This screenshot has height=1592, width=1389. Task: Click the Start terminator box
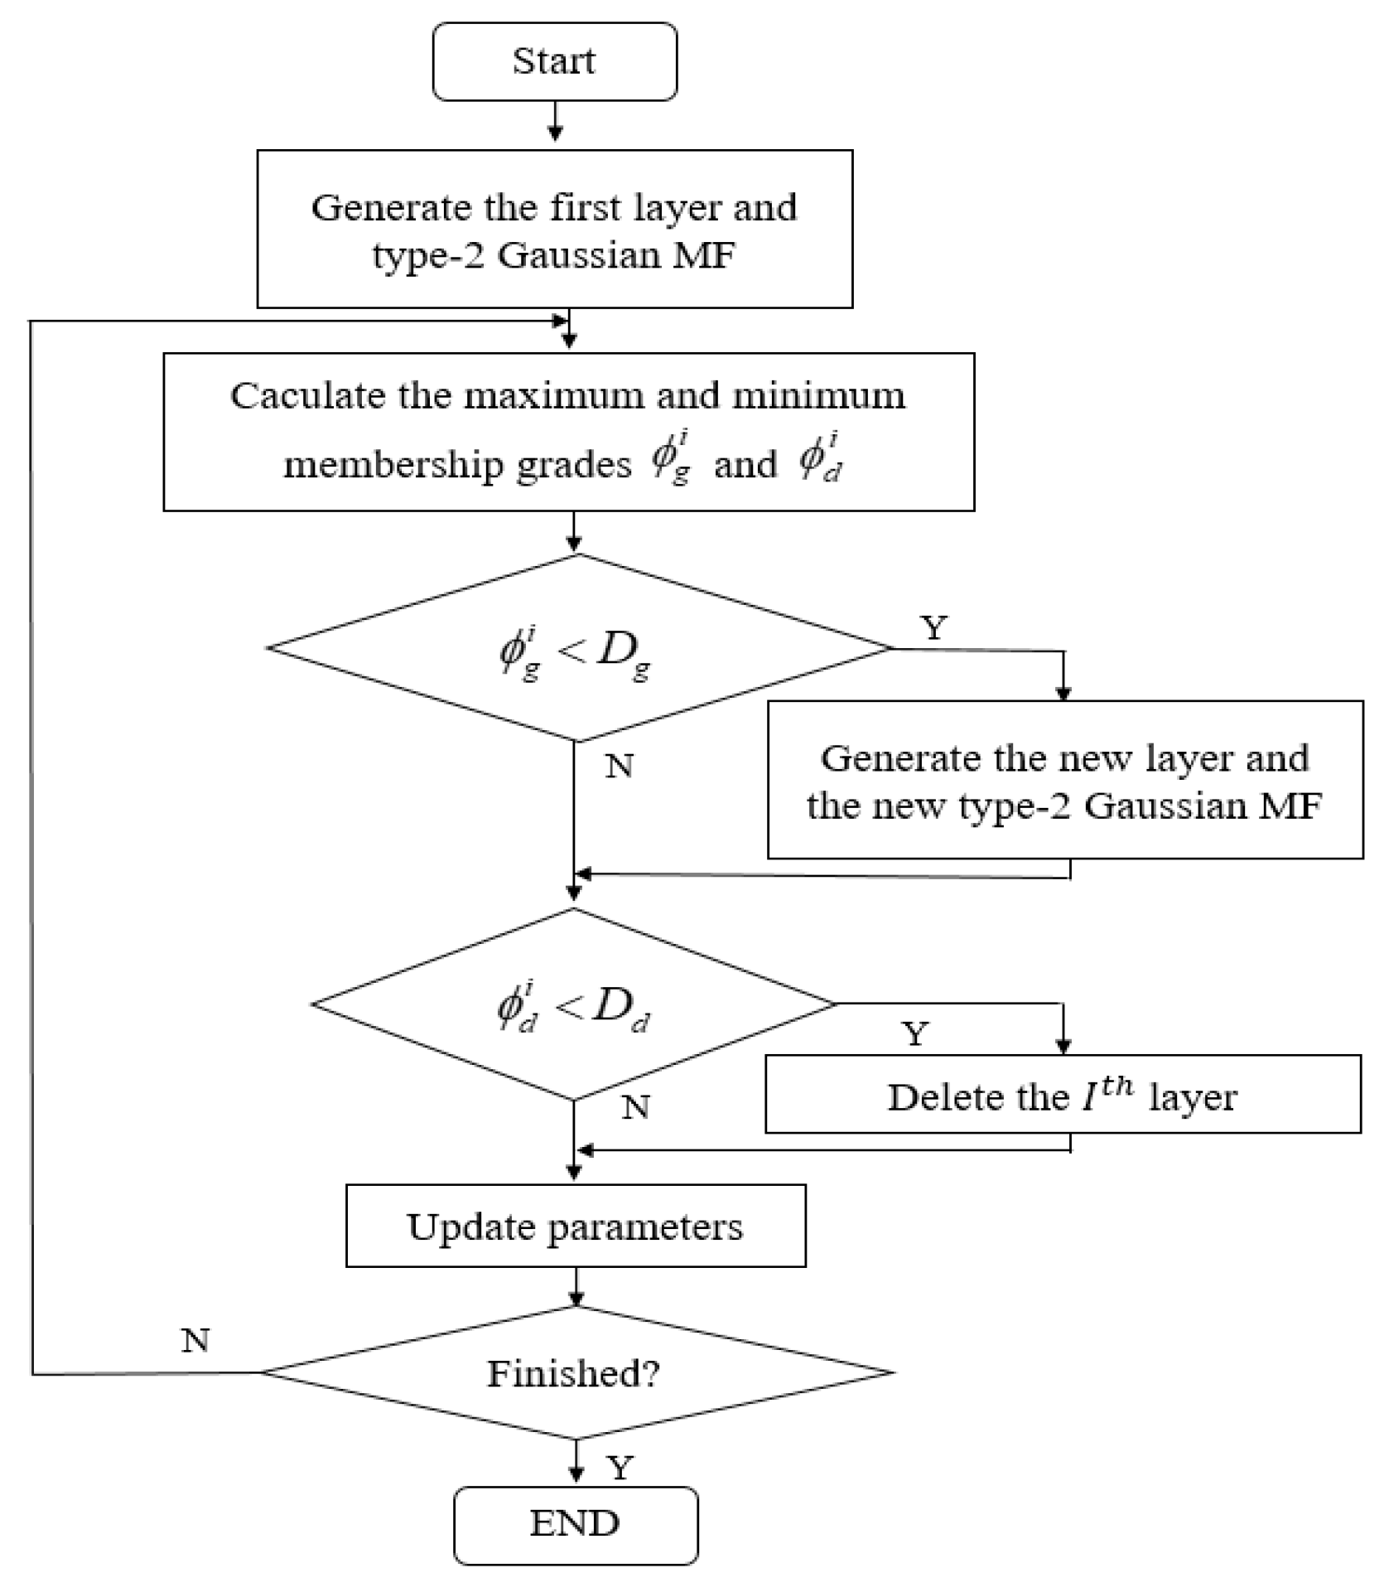554,61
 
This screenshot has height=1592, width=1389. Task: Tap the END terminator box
575,1523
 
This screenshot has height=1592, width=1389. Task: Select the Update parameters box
575,1227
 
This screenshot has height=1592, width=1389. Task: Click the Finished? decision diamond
575,1373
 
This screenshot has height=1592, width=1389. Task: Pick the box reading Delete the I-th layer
1062,1095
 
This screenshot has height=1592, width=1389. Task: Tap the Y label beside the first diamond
933,629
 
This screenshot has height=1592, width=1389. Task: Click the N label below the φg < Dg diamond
620,767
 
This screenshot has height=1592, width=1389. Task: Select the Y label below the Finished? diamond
620,1469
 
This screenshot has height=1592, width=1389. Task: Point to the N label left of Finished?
195,1340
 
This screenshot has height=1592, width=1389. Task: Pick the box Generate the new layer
1064,780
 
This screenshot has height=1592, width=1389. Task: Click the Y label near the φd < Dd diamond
914,1034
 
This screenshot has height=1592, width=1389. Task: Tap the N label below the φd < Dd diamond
635,1108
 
